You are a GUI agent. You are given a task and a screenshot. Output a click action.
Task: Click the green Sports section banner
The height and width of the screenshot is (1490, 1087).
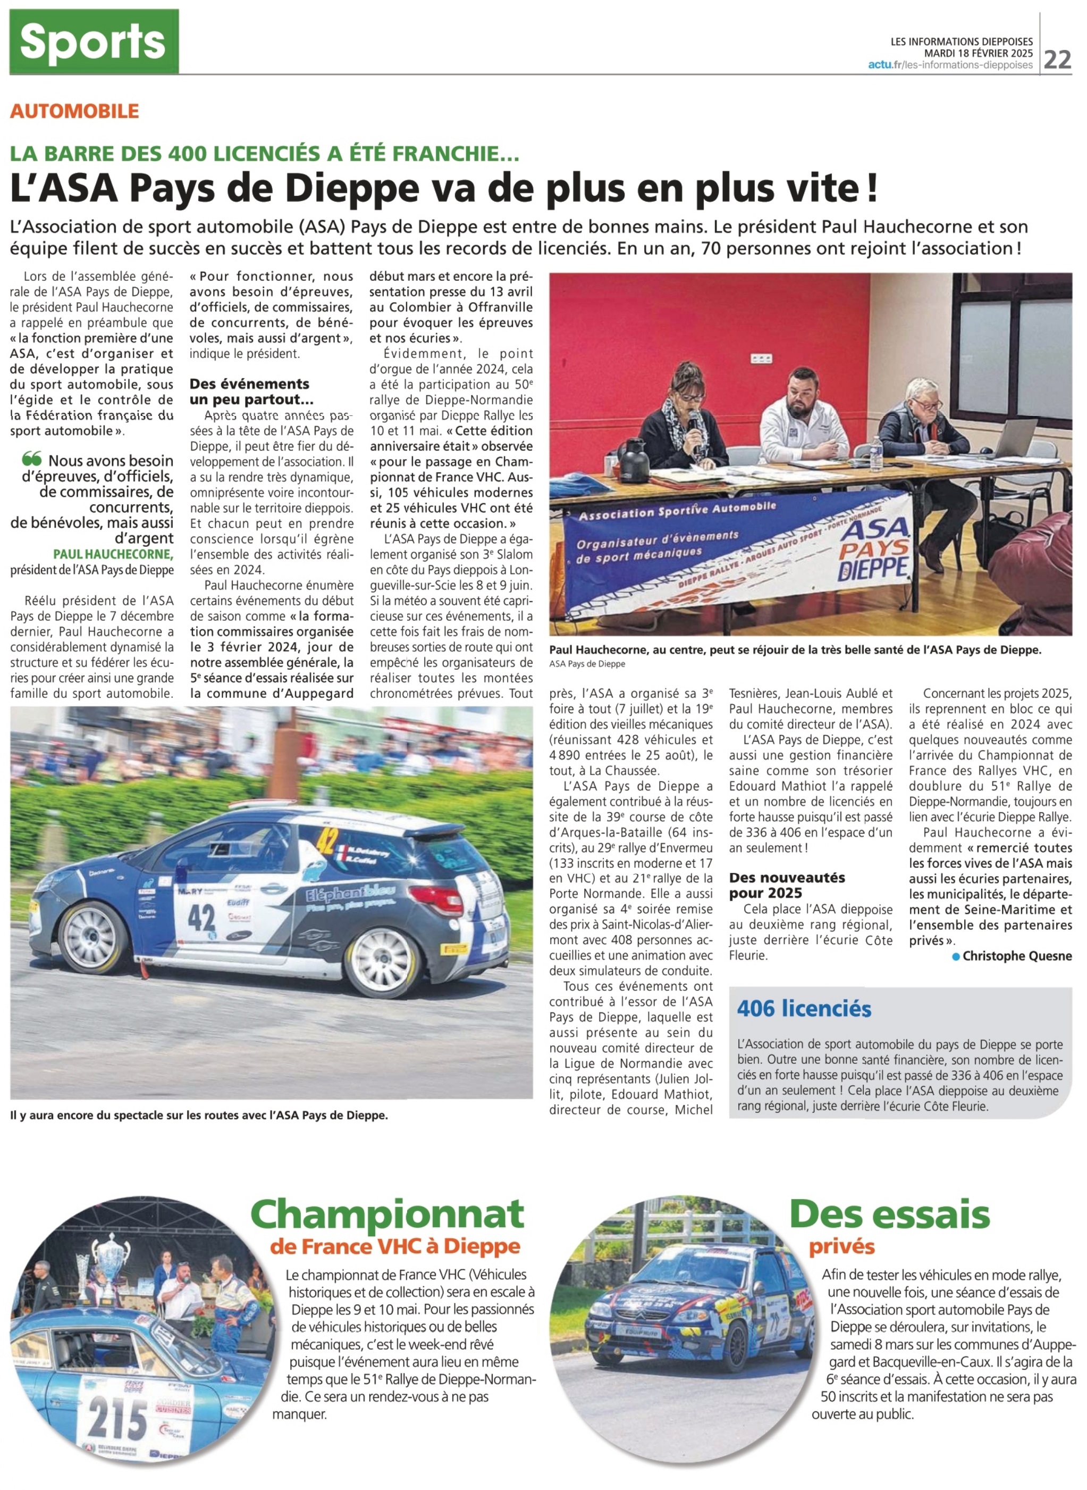click(x=94, y=41)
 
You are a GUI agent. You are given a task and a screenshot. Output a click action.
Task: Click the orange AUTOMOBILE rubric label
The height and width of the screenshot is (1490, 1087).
click(x=74, y=111)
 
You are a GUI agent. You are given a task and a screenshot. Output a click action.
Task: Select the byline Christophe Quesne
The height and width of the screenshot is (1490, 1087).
click(x=1017, y=956)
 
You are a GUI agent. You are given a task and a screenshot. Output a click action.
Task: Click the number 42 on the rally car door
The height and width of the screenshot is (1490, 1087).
click(x=202, y=917)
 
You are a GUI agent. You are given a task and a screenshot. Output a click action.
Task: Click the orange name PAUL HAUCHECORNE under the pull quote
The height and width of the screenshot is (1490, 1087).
click(x=113, y=554)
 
